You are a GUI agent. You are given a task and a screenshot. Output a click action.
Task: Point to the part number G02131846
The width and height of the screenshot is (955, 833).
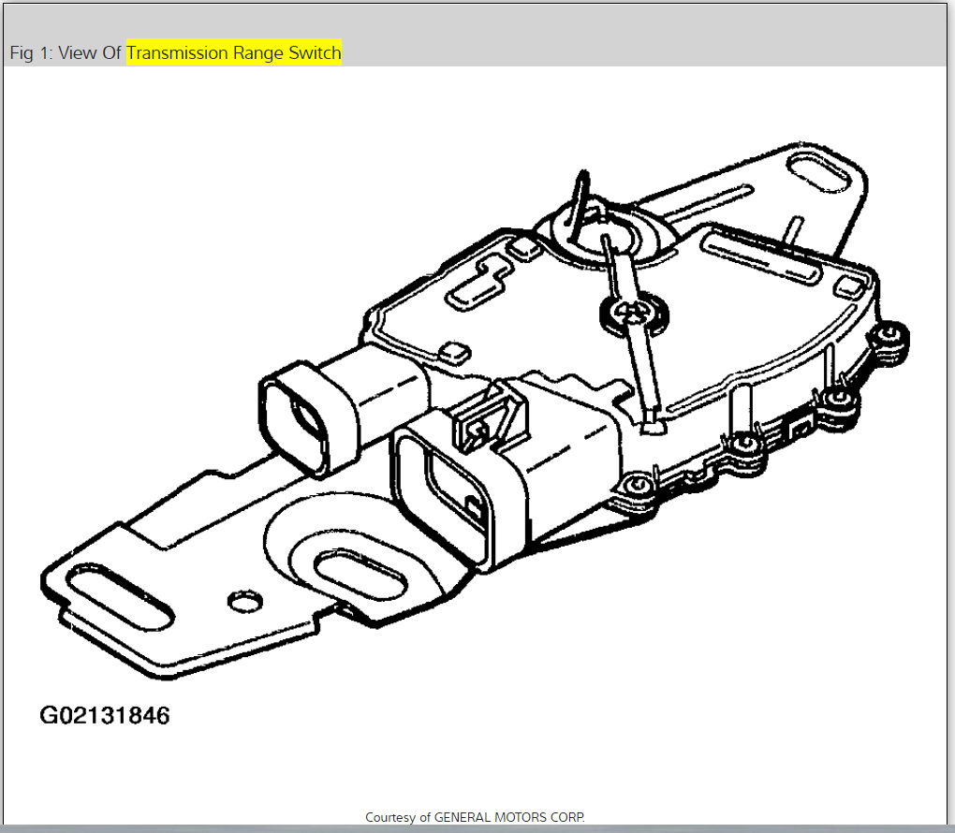click(105, 716)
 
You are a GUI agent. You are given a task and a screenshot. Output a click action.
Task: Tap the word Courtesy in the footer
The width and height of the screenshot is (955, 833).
click(391, 817)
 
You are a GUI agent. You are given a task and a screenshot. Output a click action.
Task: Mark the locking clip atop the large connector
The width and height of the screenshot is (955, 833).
click(487, 416)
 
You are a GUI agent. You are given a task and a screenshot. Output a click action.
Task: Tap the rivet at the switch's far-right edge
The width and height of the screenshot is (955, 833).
click(891, 335)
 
